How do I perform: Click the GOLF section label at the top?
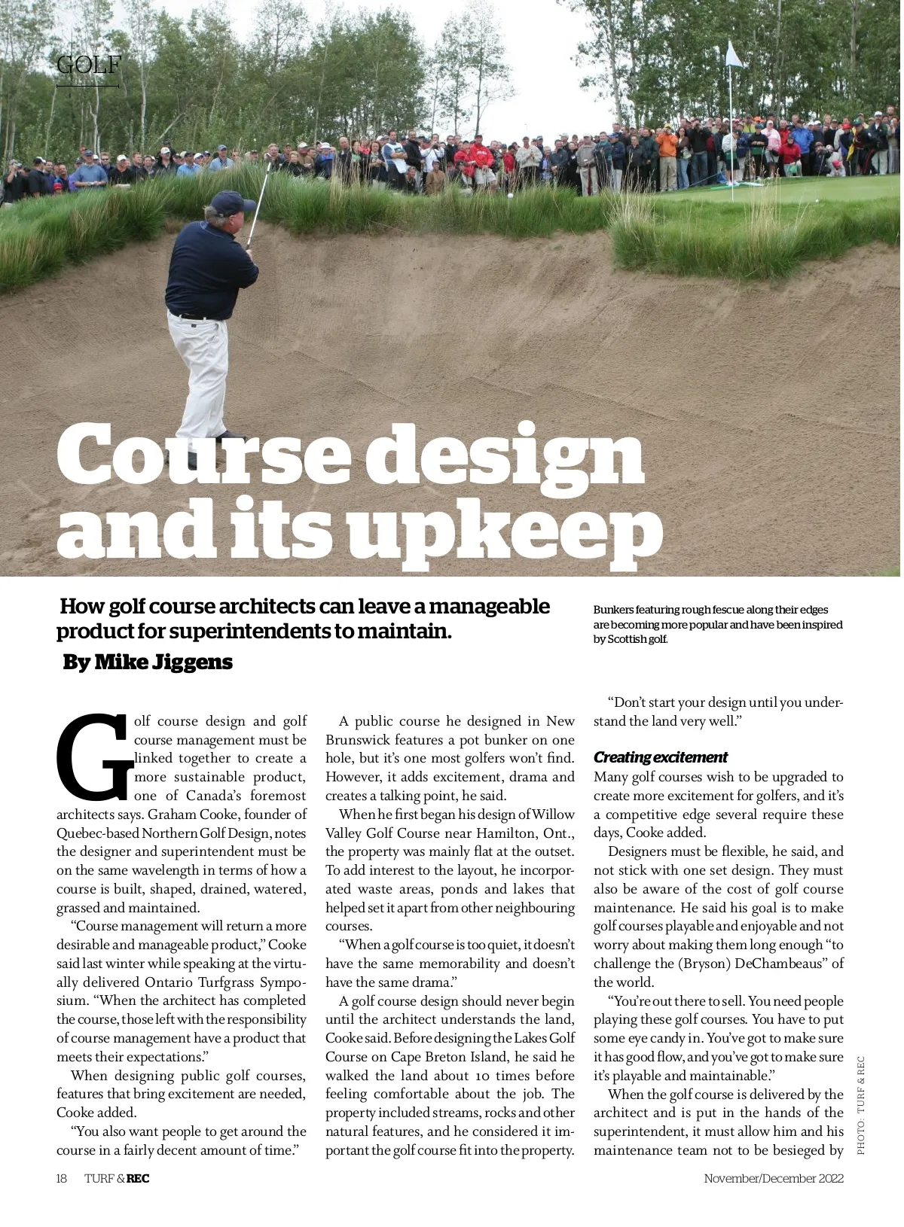pyautogui.click(x=88, y=65)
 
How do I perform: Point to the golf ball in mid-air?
pyautogui.click(x=511, y=196)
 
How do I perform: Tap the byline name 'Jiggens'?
pyautogui.click(x=193, y=662)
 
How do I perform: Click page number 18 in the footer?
pyautogui.click(x=62, y=1179)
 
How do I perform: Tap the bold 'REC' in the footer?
pyautogui.click(x=138, y=1179)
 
